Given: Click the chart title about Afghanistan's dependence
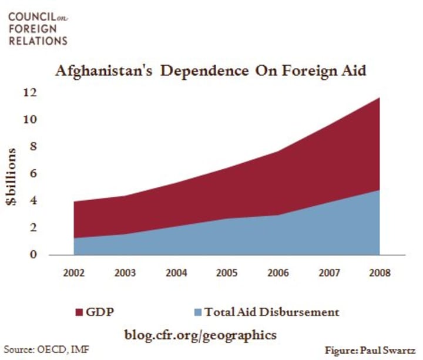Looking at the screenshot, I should (212, 71).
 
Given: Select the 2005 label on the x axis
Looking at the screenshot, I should (228, 273).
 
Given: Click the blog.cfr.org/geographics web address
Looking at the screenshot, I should (200, 335).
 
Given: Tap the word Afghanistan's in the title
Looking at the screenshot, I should (108, 71).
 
